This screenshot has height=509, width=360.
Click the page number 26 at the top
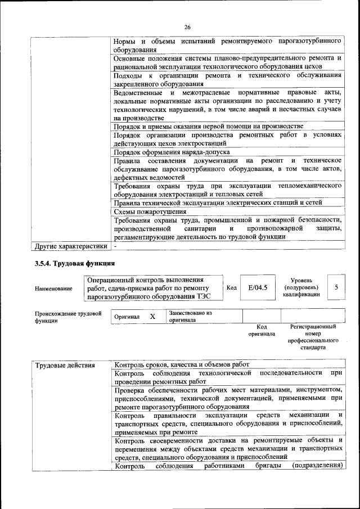[x=187, y=27]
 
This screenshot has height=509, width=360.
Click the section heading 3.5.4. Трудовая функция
[x=75, y=263]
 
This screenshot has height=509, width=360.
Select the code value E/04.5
[x=258, y=287]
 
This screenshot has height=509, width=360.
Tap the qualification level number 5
[x=336, y=287]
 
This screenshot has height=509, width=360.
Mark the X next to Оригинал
[x=152, y=317]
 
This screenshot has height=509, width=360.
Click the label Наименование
[x=53, y=289]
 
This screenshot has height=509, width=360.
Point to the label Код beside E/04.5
[x=231, y=288]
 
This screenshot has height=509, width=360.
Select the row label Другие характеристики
[x=70, y=246]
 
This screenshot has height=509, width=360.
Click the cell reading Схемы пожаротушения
[x=150, y=212]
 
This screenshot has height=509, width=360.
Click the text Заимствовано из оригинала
[x=190, y=316]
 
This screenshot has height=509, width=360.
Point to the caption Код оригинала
[x=262, y=330]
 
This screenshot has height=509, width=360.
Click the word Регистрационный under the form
[x=313, y=326]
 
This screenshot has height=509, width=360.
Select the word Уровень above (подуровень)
[x=306, y=280]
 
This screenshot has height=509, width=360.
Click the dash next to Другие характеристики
[x=115, y=246]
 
